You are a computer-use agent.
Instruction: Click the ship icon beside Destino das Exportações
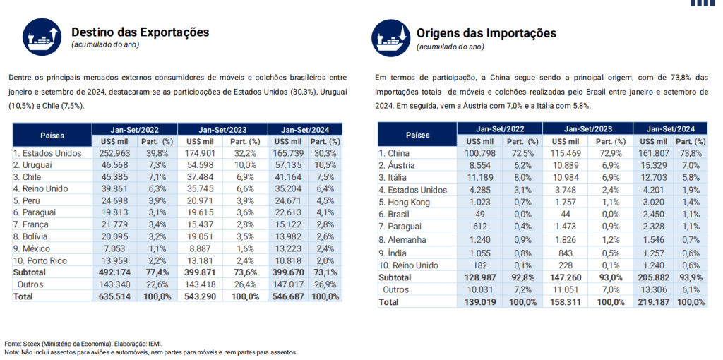[x=42, y=37]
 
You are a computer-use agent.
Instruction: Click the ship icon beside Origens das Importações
[x=391, y=38]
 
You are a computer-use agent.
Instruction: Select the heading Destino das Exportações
[x=141, y=32]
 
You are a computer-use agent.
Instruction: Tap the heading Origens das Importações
[x=486, y=33]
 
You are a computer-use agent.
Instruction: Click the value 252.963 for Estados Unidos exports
[x=115, y=153]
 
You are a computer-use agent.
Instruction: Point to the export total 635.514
[x=115, y=296]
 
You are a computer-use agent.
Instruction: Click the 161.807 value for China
[x=653, y=153]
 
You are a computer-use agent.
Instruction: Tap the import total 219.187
[x=653, y=302]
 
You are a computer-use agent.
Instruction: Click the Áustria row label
[x=397, y=165]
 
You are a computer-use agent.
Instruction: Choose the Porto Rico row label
[x=40, y=260]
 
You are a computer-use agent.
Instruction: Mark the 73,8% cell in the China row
[x=691, y=153]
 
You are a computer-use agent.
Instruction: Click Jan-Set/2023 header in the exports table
[x=222, y=129]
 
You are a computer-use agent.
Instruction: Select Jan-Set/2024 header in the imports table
[x=669, y=128]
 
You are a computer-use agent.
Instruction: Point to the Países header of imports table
[x=417, y=135]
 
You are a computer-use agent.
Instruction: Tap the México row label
[x=32, y=248]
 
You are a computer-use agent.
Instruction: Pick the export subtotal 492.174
[x=115, y=272]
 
